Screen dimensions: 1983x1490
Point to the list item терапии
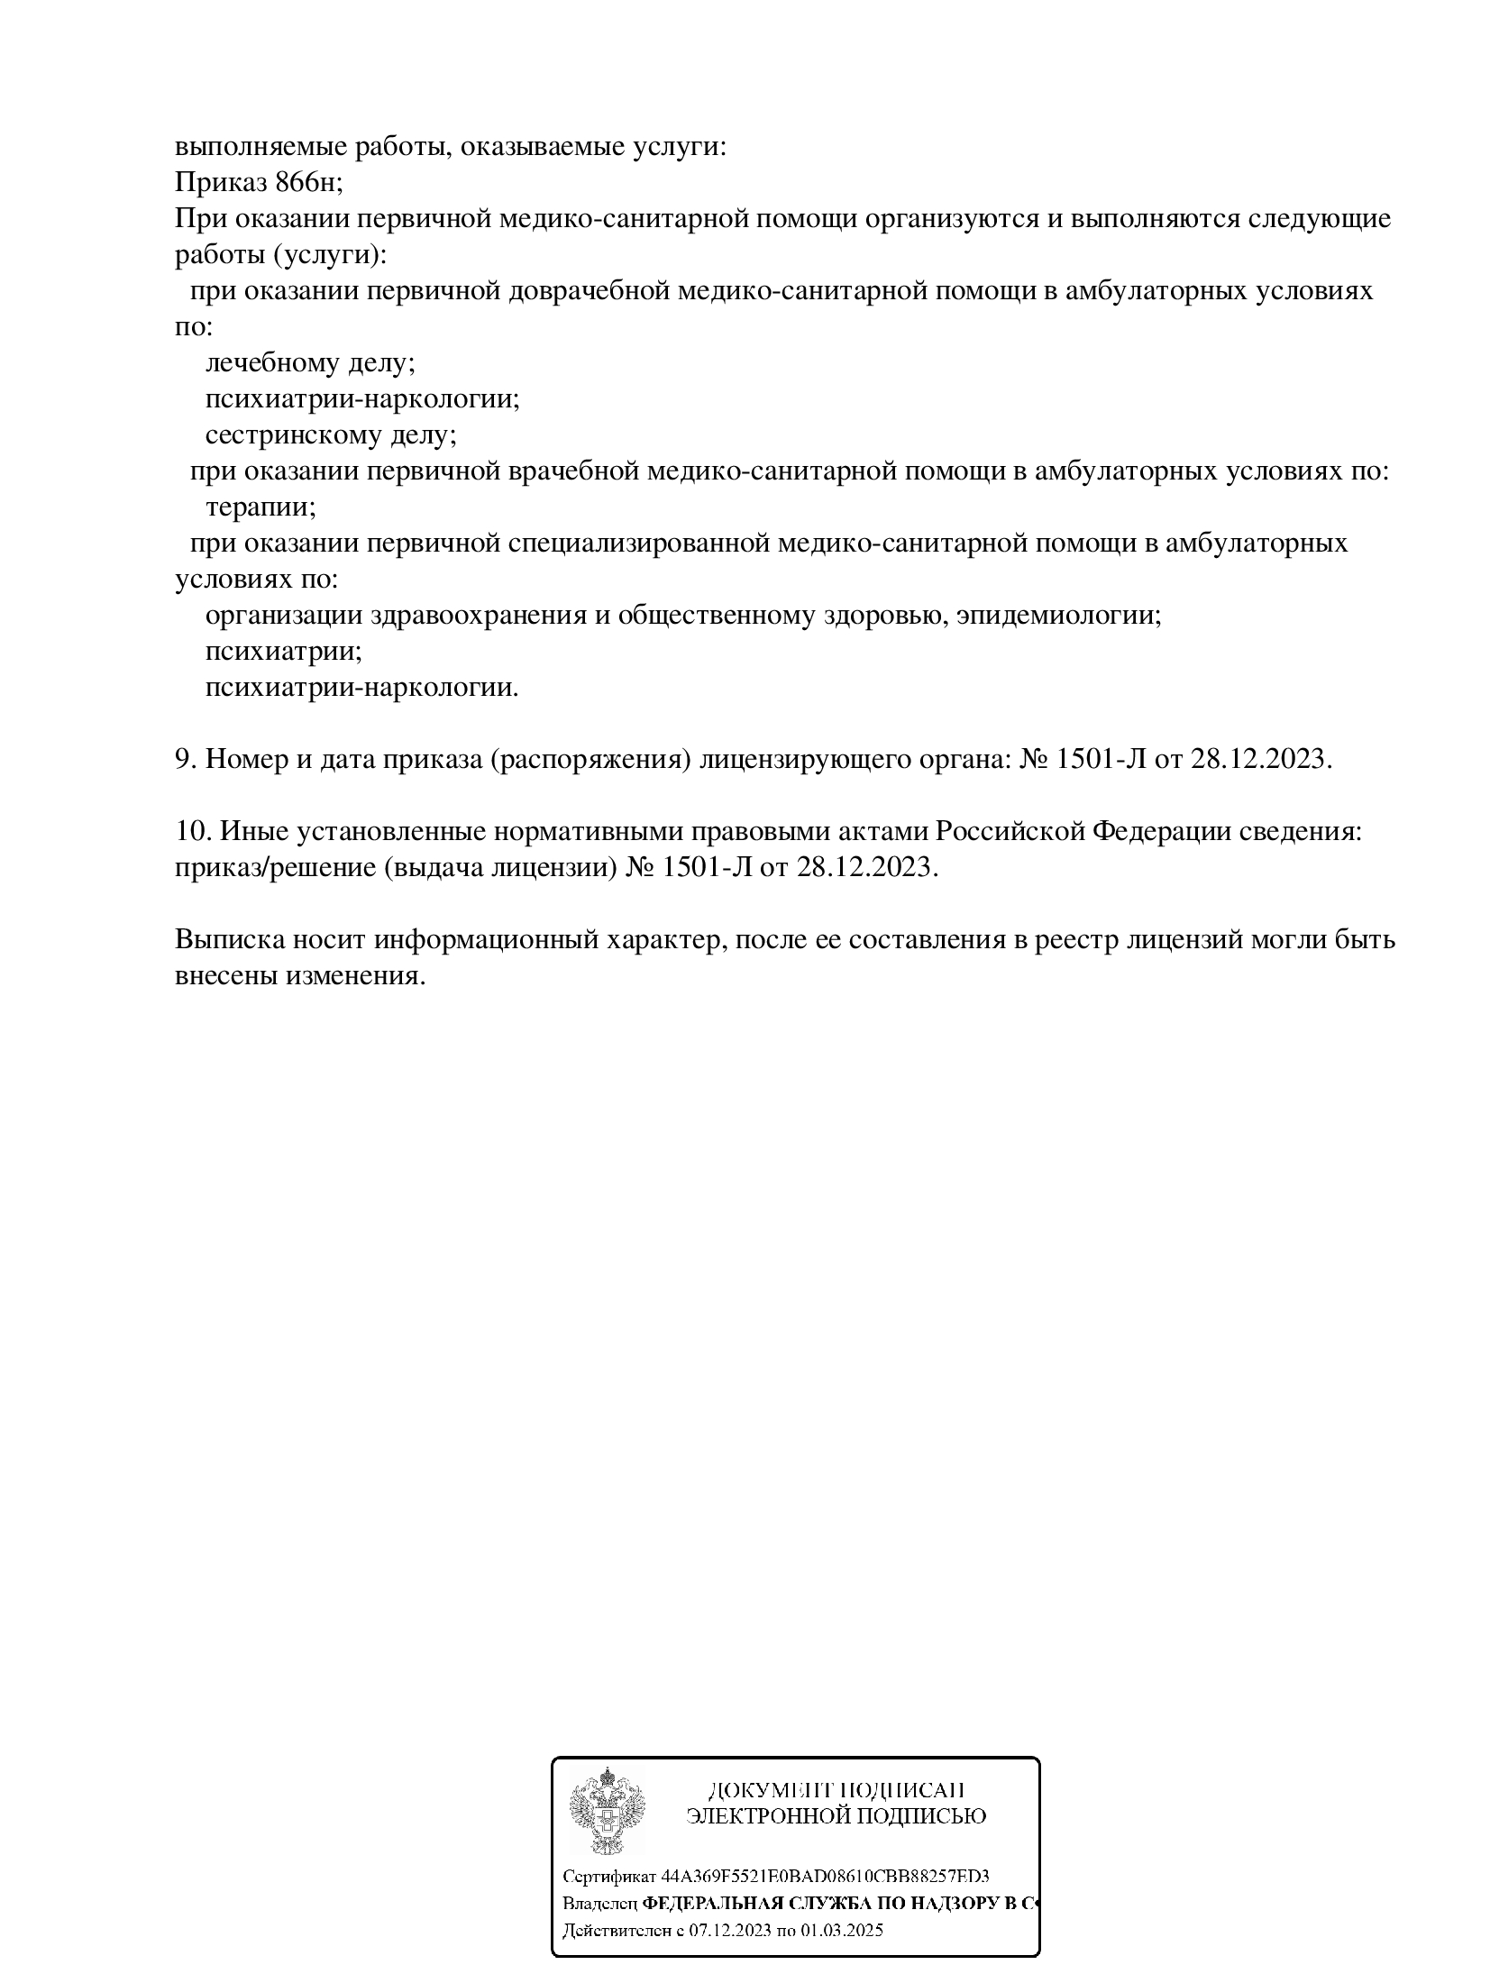260,507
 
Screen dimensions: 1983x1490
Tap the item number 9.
185,759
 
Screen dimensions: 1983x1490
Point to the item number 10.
192,831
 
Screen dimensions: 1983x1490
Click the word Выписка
230,939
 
